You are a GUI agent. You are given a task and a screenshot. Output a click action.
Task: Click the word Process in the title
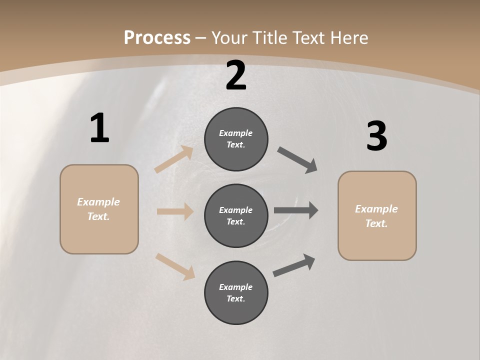[157, 38]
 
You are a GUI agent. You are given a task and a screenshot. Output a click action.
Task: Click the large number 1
[99, 128]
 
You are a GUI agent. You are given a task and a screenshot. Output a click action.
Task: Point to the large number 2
[236, 75]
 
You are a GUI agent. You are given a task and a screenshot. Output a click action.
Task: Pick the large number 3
[376, 136]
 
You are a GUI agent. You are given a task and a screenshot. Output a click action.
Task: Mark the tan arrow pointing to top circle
[174, 159]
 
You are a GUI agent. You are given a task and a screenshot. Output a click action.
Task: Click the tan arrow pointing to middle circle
[175, 211]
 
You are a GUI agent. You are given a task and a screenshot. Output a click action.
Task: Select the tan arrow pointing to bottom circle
[175, 266]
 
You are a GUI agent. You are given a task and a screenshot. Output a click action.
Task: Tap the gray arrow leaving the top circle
[297, 160]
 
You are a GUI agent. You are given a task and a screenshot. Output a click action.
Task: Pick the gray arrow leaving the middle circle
[296, 210]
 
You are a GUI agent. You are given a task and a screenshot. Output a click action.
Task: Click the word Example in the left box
[98, 202]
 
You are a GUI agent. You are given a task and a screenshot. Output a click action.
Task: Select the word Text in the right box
[376, 223]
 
